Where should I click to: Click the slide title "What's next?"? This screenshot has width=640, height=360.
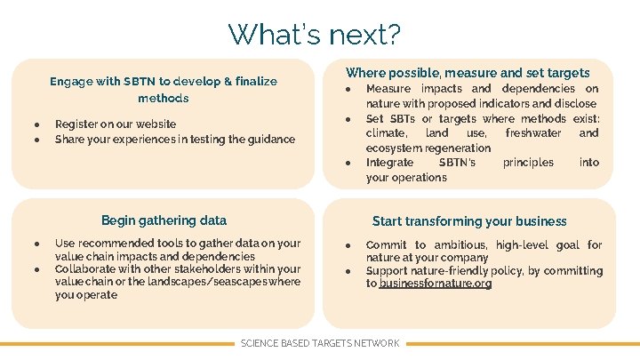coord(315,35)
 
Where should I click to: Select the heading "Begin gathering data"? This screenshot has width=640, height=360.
coord(164,220)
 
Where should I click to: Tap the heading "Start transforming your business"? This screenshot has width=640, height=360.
coord(469,221)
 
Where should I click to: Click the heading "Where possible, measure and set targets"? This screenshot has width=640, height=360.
coord(468,73)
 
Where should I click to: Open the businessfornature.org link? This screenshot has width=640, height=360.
coord(436,284)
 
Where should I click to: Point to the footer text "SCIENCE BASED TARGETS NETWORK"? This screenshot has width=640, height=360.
coord(320,343)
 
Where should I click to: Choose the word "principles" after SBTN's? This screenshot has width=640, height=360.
coord(528,163)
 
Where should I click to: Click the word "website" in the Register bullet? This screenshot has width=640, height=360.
coord(155,124)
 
